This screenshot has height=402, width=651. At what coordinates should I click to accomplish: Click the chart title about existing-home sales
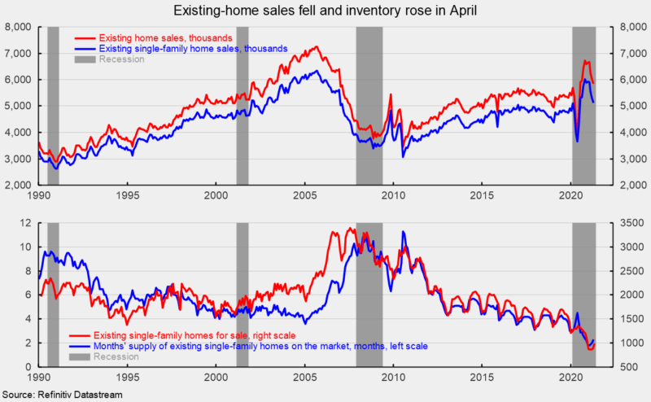(x=325, y=11)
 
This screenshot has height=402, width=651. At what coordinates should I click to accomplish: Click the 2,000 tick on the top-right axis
(x=632, y=186)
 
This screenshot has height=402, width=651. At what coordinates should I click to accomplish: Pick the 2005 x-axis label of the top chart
(x=305, y=196)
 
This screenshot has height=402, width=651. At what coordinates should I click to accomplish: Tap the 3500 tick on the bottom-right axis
(x=630, y=223)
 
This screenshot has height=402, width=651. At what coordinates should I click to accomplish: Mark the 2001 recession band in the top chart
(x=242, y=106)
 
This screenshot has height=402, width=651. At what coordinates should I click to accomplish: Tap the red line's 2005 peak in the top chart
(x=315, y=47)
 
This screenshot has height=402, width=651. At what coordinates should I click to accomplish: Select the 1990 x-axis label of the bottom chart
(x=39, y=379)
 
